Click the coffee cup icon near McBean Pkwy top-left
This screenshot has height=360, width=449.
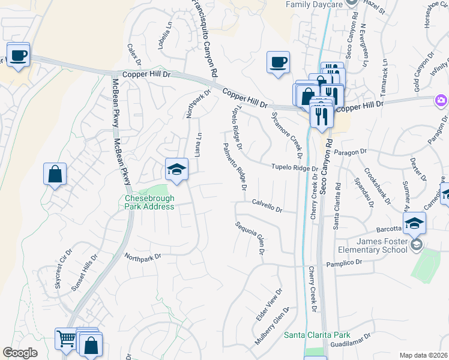pos(19,55)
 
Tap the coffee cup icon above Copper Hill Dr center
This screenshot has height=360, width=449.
pos(279,62)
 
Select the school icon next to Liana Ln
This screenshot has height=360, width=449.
pos(177,170)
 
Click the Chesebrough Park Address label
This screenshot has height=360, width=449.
pos(149,202)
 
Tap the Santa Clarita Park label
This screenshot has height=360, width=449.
pos(317,335)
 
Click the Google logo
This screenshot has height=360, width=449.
pos(20,353)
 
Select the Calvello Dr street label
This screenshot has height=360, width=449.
pos(267,206)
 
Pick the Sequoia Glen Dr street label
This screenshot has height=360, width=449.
pos(250,238)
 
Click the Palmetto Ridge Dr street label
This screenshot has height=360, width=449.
pos(235,167)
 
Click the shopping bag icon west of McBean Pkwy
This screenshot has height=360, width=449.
pos(55,175)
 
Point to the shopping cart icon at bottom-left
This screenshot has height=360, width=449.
pos(66,340)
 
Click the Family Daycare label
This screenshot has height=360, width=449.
pos(314,4)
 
